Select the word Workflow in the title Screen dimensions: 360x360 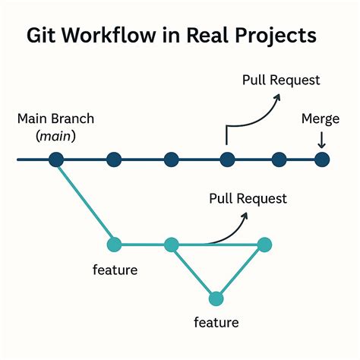point(108,36)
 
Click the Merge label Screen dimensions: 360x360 point(320,120)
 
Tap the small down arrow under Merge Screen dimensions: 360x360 point(321,142)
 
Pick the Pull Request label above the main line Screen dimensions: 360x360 point(281,80)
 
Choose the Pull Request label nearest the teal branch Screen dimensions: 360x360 point(248,199)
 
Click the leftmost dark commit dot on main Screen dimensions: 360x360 point(55,159)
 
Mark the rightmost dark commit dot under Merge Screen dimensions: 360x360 point(322,159)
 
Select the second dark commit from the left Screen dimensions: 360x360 point(114,159)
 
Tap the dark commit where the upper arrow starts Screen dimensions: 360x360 point(226,159)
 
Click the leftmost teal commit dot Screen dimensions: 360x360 point(114,245)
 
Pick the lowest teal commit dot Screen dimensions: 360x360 point(216,298)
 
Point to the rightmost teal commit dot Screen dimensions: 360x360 point(264,245)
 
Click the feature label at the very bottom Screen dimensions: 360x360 point(217,322)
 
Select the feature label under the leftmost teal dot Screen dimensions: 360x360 point(114,269)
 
